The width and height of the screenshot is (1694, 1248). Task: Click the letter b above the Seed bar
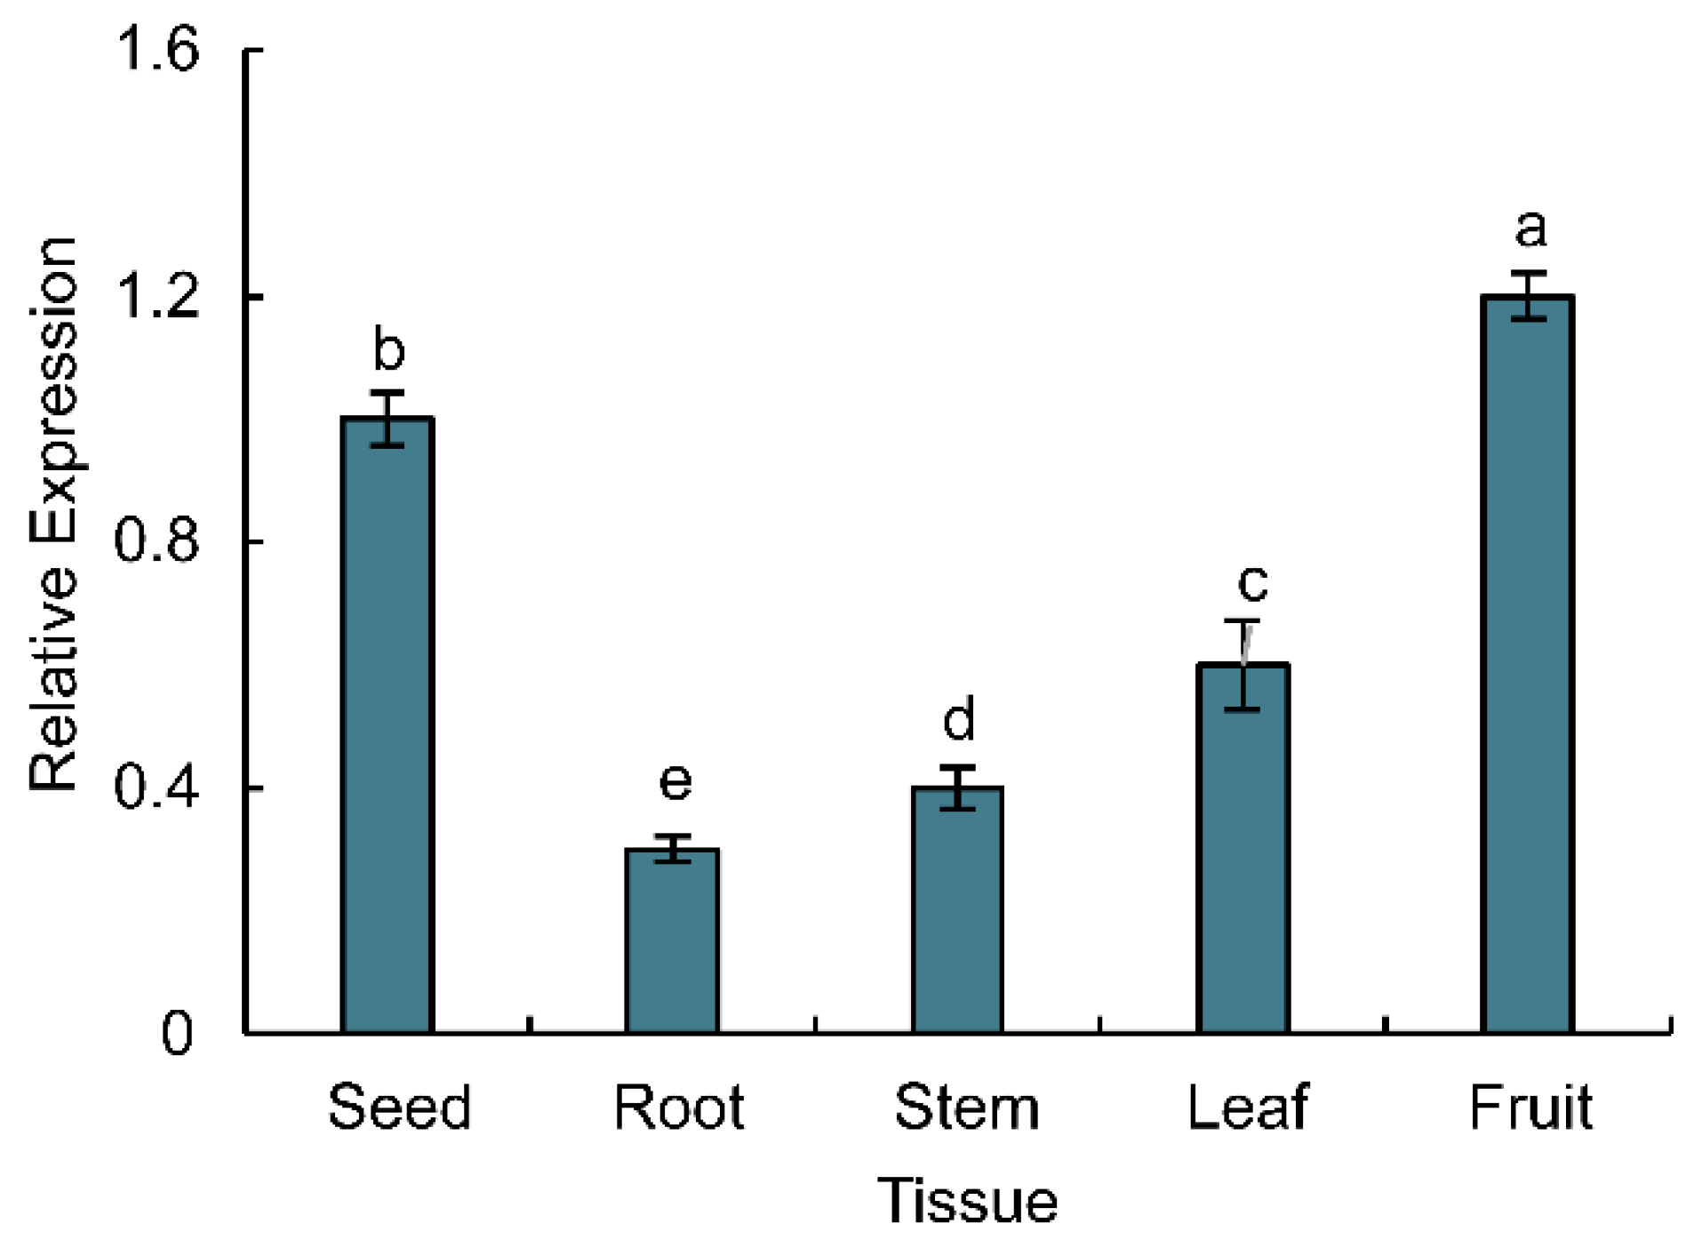click(x=388, y=349)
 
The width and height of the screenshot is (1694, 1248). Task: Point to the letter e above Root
click(x=675, y=780)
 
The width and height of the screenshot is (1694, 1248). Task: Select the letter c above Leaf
click(x=1252, y=582)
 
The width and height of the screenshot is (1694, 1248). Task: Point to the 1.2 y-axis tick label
click(x=156, y=295)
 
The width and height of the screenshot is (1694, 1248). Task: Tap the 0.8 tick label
click(x=156, y=540)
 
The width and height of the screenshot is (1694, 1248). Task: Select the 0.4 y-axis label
click(x=156, y=788)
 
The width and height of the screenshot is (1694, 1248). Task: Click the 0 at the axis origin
click(x=177, y=1034)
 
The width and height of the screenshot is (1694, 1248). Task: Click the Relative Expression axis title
click(x=53, y=516)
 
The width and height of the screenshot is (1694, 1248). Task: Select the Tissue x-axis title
click(x=967, y=1201)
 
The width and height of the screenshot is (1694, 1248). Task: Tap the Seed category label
click(x=399, y=1108)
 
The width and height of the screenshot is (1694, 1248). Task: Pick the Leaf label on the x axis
click(x=1247, y=1108)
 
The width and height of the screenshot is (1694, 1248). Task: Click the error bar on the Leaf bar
click(x=1243, y=665)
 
